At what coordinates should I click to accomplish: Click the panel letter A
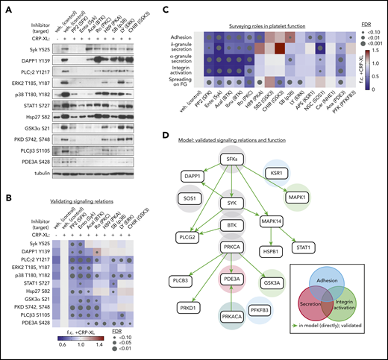point(7,6)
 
